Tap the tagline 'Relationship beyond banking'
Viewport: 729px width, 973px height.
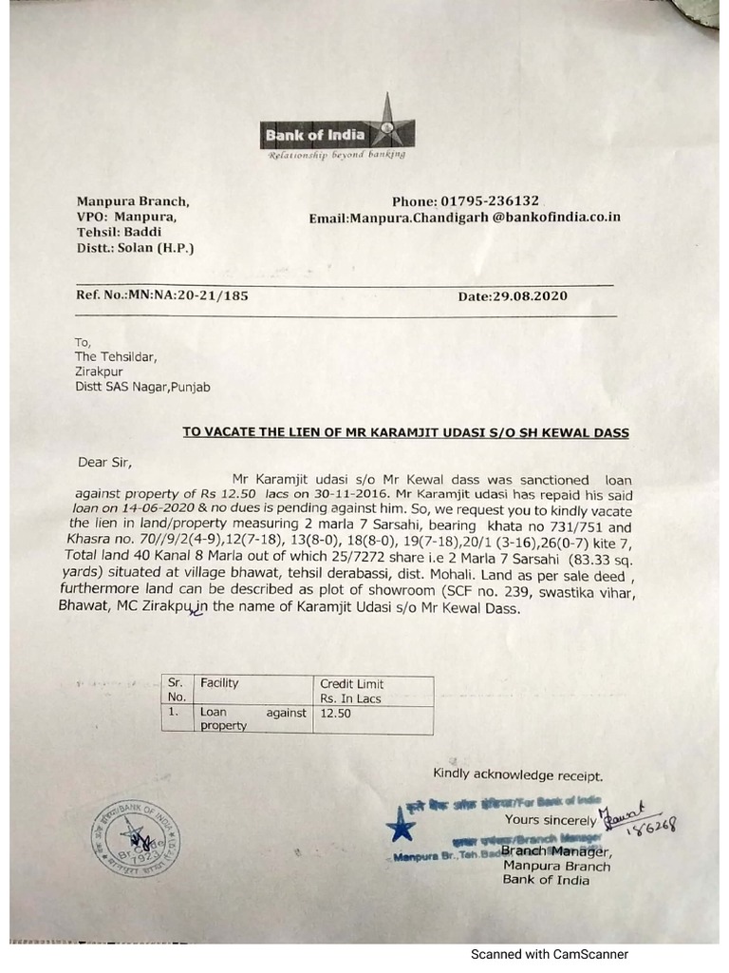(x=337, y=154)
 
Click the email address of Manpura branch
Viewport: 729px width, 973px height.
(x=465, y=218)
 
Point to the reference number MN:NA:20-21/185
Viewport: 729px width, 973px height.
(x=162, y=296)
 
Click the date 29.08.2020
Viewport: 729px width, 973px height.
(x=513, y=296)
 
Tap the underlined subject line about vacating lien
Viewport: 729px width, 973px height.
(x=405, y=431)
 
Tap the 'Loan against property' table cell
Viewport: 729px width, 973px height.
(x=251, y=717)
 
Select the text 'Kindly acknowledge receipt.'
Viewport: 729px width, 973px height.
(x=517, y=774)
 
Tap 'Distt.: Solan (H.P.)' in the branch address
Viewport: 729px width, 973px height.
(x=138, y=248)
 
